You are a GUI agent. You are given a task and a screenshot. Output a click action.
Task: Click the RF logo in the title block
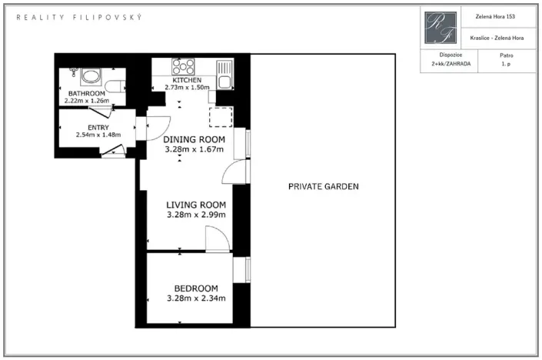pyautogui.click(x=441, y=28)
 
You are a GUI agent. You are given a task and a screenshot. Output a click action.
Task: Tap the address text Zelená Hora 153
pyautogui.click(x=495, y=17)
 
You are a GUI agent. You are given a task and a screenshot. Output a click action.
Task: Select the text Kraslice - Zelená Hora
pyautogui.click(x=497, y=38)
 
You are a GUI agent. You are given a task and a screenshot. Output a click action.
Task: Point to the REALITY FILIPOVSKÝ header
pyautogui.click(x=79, y=17)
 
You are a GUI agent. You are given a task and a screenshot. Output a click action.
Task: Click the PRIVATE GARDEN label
pyautogui.click(x=324, y=186)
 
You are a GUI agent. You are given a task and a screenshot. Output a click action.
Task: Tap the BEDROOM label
pyautogui.click(x=196, y=288)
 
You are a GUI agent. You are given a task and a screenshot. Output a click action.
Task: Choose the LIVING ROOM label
pyautogui.click(x=196, y=205)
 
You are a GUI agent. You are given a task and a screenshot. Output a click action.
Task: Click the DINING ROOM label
pyautogui.click(x=194, y=139)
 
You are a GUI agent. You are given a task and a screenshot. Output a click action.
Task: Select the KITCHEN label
pyautogui.click(x=187, y=80)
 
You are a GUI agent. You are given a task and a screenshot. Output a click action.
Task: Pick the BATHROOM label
pyautogui.click(x=86, y=93)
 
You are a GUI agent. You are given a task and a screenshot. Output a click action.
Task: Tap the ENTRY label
pyautogui.click(x=98, y=128)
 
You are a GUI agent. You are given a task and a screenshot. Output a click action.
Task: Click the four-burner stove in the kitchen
pyautogui.click(x=183, y=67)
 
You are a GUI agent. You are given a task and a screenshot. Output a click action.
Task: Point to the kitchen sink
pyautogui.click(x=224, y=75)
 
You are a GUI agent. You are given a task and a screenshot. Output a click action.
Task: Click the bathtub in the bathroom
pyautogui.click(x=91, y=77)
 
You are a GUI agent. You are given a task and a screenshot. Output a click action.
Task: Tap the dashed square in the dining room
pyautogui.click(x=221, y=117)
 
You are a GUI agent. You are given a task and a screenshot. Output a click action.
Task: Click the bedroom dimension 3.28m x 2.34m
pyautogui.click(x=196, y=298)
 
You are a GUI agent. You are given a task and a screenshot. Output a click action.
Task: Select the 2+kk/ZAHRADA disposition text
pyautogui.click(x=451, y=64)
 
